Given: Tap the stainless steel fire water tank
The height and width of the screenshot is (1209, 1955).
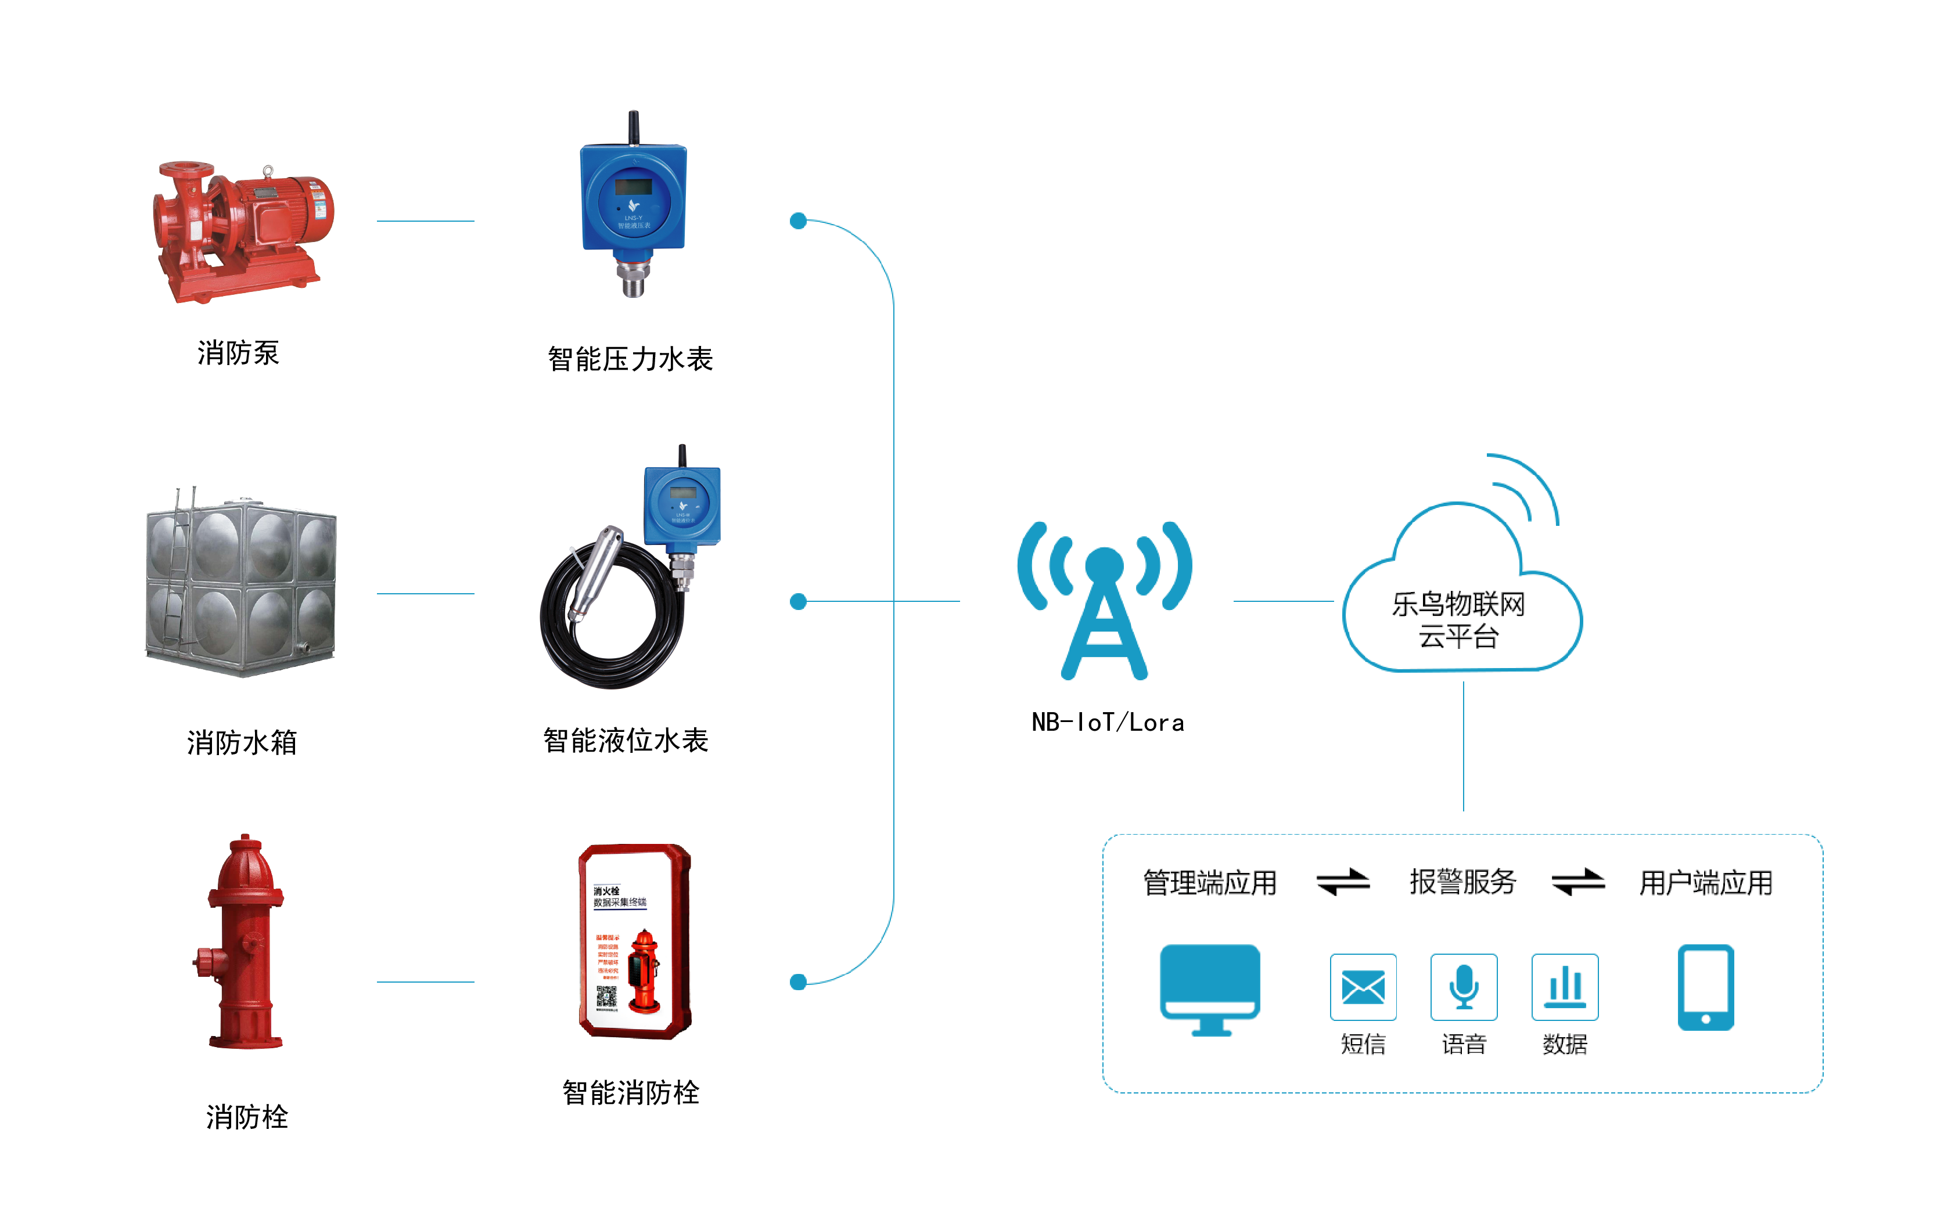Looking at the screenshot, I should click(240, 584).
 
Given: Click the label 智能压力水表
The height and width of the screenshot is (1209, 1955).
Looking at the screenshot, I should click(630, 359).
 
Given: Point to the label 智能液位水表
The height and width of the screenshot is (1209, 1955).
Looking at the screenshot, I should click(626, 741).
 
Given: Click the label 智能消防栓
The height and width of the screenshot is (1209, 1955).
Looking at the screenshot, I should click(630, 1092).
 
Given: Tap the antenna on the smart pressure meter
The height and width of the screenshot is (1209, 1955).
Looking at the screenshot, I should click(634, 127).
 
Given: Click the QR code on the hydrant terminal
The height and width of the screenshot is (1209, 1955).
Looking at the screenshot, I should click(606, 997).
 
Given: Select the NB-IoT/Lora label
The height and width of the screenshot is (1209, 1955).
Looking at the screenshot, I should click(1107, 723).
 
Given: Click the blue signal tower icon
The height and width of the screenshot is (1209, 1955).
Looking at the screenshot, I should click(1105, 600).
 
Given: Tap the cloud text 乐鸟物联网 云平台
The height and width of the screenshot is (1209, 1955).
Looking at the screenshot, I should click(1458, 620).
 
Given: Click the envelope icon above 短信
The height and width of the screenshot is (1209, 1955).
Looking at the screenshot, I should click(1363, 987).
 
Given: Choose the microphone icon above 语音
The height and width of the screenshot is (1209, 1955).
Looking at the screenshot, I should click(1464, 987).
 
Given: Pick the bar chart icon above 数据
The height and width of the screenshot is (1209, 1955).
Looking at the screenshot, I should click(1565, 987).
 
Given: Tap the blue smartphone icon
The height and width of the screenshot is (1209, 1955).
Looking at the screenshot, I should click(1705, 987).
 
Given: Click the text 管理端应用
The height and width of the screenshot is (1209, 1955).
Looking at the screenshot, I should click(1209, 883).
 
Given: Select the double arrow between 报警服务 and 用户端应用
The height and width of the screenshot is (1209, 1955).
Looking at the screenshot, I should click(1577, 882).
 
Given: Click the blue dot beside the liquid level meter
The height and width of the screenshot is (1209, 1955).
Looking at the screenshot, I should click(797, 601).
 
